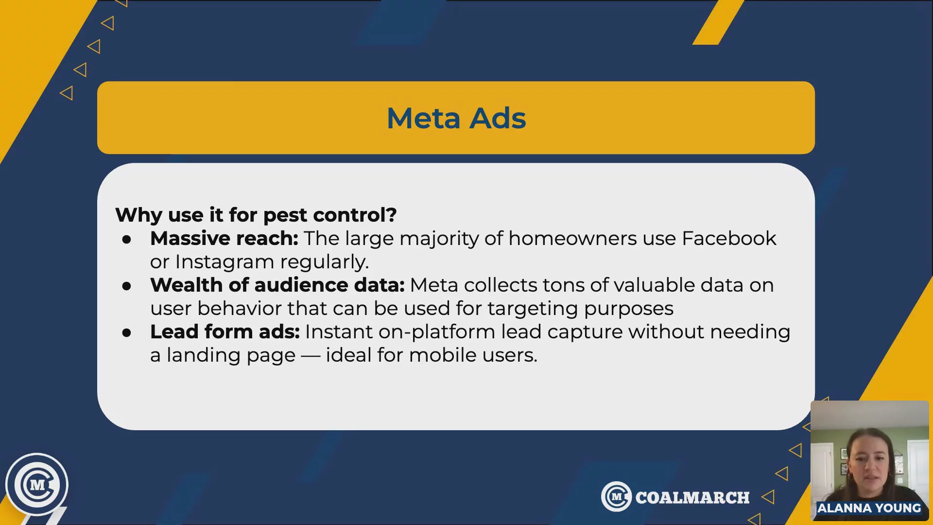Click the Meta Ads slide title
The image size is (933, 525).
(456, 118)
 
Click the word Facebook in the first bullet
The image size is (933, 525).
(729, 238)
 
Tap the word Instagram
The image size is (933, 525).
(225, 262)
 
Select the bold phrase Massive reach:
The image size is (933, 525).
(224, 238)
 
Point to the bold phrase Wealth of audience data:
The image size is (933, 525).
(277, 285)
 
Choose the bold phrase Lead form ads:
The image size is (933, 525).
(225, 332)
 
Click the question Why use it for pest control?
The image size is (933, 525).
(256, 215)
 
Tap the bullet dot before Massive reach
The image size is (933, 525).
(127, 239)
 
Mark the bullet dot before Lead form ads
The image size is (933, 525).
(127, 332)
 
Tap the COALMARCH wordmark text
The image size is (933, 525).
(692, 498)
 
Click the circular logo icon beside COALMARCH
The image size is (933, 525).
(617, 496)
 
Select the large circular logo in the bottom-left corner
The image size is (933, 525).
(37, 485)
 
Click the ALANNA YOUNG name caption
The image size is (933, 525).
(869, 508)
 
